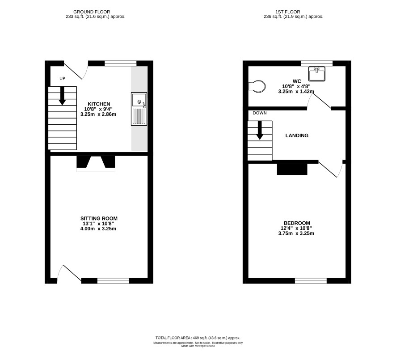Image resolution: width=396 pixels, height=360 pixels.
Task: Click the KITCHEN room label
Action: coord(99,104)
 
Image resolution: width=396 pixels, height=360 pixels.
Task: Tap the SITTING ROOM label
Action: coord(99,218)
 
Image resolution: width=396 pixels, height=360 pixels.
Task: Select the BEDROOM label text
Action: coord(297,223)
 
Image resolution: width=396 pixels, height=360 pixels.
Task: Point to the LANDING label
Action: coord(297,136)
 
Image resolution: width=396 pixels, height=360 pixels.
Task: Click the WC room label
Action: coord(297,81)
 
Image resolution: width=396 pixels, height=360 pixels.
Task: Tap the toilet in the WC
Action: coord(257,86)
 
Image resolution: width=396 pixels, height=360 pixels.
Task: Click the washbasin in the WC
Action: coord(317,74)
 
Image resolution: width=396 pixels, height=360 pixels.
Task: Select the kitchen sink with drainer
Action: coord(139,109)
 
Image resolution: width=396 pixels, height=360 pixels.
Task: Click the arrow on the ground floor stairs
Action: coord(62,96)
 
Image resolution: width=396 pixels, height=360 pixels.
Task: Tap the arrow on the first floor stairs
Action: coord(260,130)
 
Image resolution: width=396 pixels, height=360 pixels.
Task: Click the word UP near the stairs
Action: coord(62,79)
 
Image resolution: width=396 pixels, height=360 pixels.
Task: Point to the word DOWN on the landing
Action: coord(260,113)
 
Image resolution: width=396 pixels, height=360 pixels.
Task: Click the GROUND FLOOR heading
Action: coord(92,12)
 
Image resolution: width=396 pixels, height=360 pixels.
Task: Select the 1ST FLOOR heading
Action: coord(288,12)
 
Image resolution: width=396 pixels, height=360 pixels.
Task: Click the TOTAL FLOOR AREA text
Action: coord(198,338)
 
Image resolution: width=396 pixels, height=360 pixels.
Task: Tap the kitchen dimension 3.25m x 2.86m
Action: coord(98,114)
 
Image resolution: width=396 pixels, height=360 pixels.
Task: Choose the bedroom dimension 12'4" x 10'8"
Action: coord(296,228)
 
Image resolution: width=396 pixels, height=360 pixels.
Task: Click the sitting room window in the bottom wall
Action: coord(113,281)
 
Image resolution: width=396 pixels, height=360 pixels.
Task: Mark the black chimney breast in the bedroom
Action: coord(292,169)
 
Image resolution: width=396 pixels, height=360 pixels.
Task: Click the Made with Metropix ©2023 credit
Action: coord(198,346)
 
